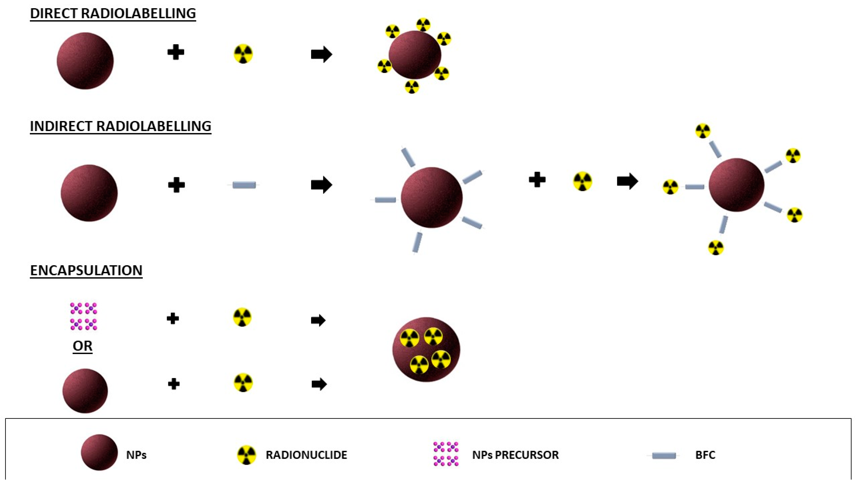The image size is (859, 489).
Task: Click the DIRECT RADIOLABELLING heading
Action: click(x=113, y=14)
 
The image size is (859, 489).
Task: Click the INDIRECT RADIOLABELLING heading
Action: click(x=121, y=127)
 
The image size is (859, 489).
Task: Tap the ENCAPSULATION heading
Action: click(x=86, y=271)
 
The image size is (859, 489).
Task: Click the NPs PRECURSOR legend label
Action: click(x=515, y=455)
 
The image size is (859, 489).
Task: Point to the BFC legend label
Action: click(x=705, y=455)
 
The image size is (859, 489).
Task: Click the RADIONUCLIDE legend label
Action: click(x=306, y=455)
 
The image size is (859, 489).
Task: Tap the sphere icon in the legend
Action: click(x=99, y=453)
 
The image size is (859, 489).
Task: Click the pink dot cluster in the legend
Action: click(x=446, y=454)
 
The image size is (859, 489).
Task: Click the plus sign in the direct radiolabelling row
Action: click(x=176, y=52)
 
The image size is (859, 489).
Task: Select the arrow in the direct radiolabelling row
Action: click(x=321, y=54)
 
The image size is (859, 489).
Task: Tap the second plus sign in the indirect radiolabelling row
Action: click(x=537, y=180)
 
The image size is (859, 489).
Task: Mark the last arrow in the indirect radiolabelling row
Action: click(x=627, y=181)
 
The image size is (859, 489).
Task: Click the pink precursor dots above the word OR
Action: click(x=84, y=316)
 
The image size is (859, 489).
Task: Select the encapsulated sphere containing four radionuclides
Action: click(x=426, y=349)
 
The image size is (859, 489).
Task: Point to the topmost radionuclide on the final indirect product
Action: click(x=703, y=131)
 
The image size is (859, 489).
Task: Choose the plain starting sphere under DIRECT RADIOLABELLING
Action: click(x=85, y=61)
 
